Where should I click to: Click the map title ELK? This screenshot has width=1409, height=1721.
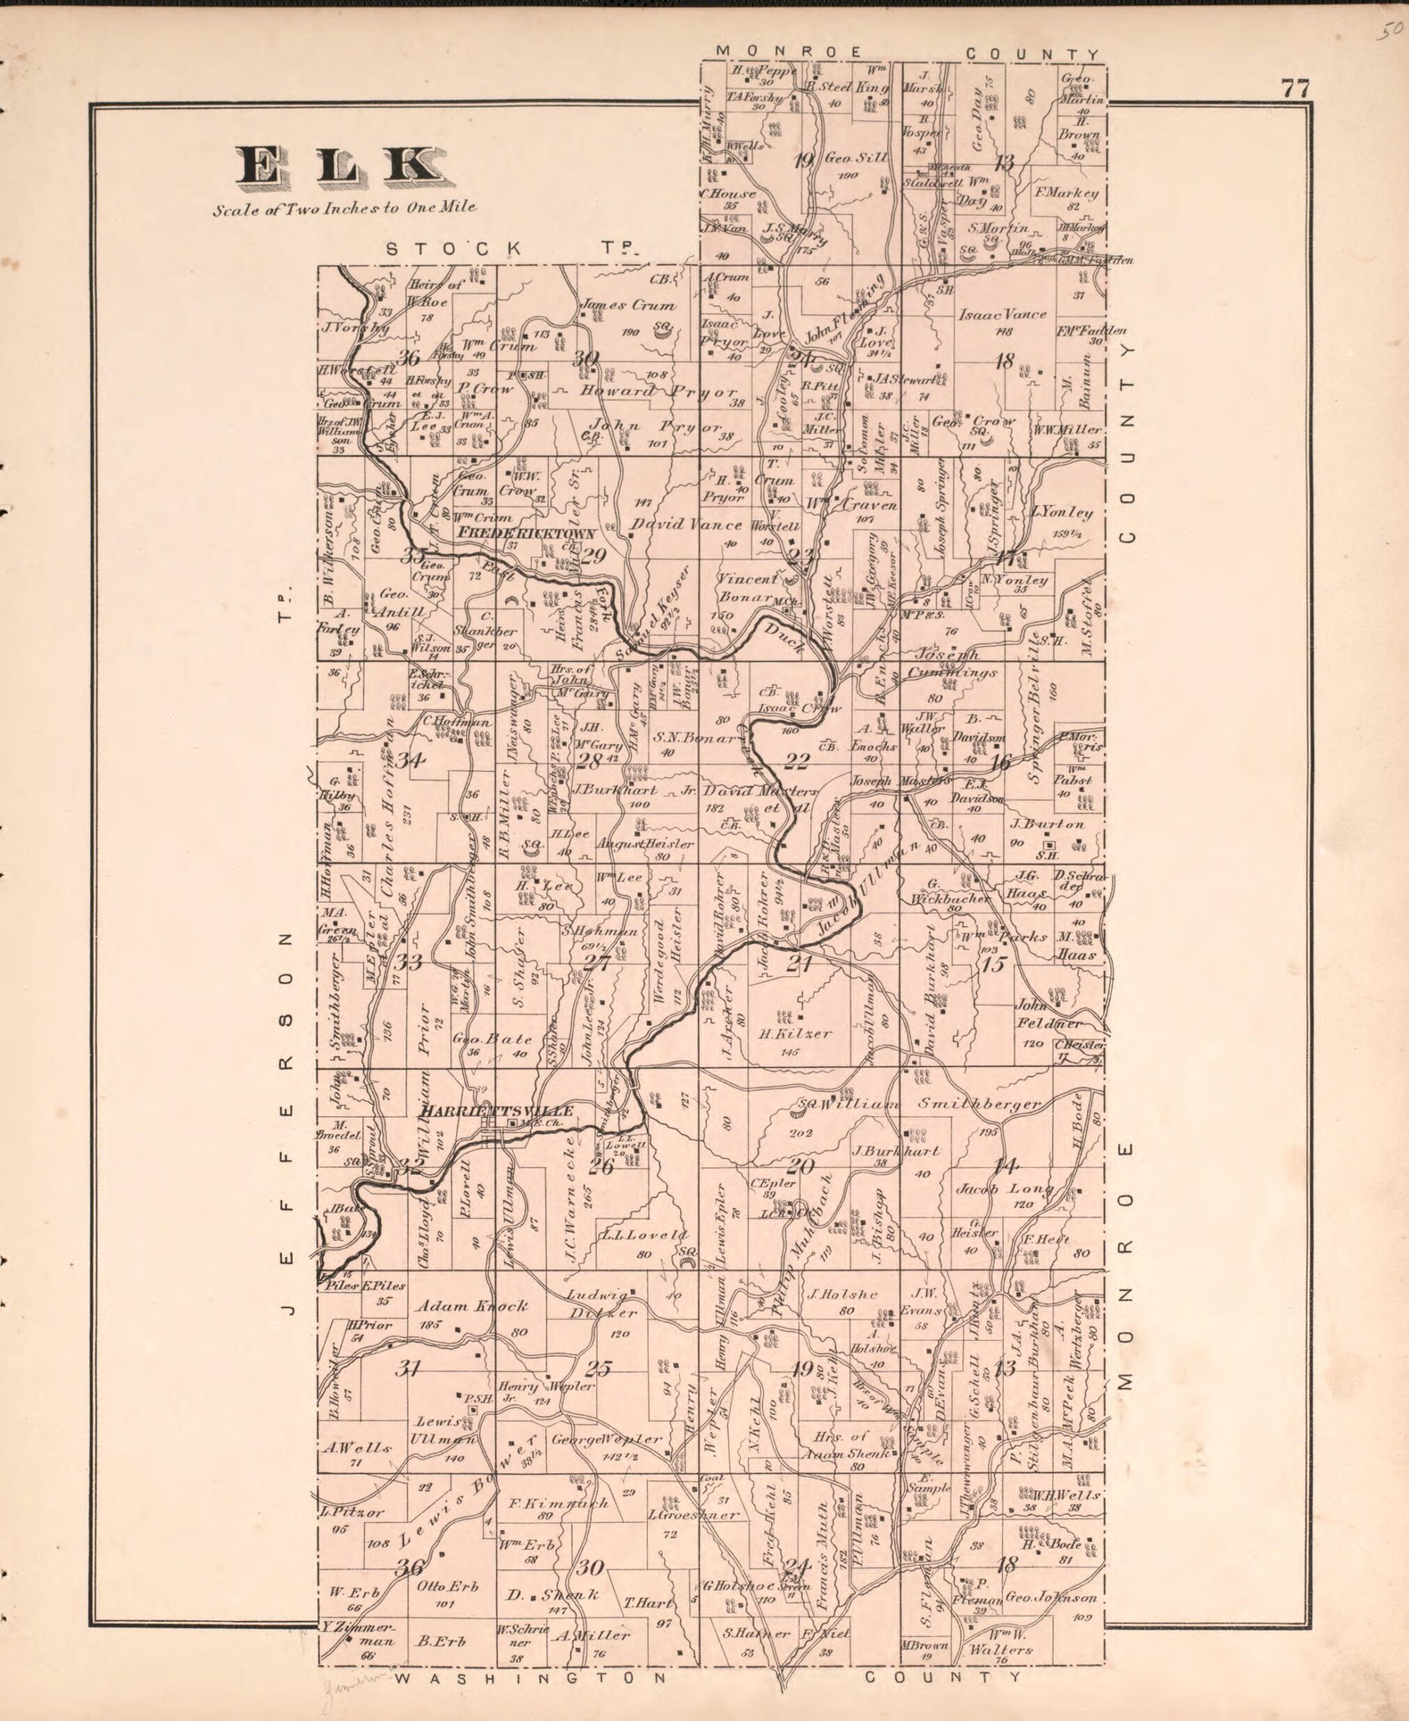[x=340, y=166]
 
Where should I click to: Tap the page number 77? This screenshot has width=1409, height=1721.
[x=1295, y=88]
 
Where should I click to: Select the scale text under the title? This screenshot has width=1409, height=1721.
[x=345, y=208]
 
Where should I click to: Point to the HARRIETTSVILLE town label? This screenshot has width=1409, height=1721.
[x=497, y=1111]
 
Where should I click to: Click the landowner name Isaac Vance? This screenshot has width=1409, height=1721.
[x=1002, y=314]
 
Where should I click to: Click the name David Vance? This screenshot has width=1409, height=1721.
[x=686, y=524]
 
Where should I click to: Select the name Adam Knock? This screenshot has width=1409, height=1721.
[x=472, y=1307]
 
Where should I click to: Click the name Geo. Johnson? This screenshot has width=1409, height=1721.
[x=1051, y=1598]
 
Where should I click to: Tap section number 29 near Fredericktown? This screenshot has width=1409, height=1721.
[x=593, y=556]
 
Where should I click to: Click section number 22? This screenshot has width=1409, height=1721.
[x=796, y=761]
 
